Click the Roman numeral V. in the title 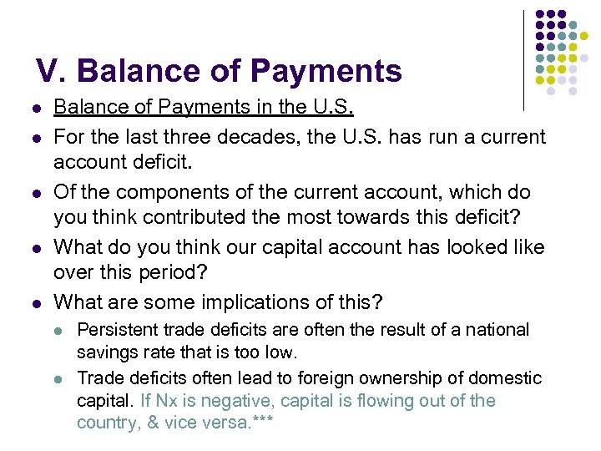pyautogui.click(x=50, y=71)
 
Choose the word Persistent pyautogui.click(x=116, y=330)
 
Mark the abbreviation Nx pyautogui.click(x=167, y=401)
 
